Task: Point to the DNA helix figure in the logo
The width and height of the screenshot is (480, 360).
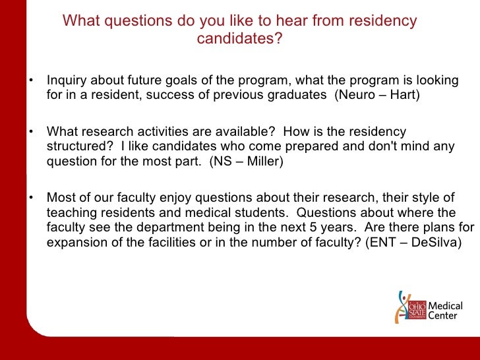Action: tap(401, 307)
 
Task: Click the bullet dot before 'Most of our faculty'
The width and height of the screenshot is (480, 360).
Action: tap(30, 198)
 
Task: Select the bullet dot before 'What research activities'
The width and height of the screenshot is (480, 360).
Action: tap(30, 131)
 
